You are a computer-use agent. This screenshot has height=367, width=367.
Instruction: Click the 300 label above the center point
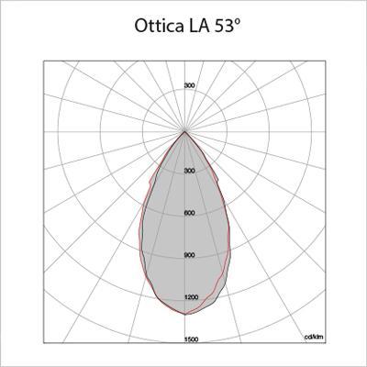point(189,85)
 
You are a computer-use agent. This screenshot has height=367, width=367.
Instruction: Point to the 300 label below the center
point(189,172)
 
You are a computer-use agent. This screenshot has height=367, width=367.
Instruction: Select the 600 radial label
point(189,213)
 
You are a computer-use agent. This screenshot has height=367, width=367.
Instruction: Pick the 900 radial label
point(189,255)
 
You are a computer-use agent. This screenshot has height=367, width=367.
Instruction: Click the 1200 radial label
point(190,297)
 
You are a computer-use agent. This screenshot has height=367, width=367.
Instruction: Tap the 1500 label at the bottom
point(190,339)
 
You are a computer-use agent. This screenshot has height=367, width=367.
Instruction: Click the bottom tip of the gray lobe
point(185,314)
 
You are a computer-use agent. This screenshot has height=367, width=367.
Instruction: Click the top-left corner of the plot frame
point(44,62)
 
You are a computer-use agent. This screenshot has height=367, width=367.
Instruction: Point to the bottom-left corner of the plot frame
point(44,343)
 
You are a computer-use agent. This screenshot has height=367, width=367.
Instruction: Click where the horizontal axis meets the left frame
point(44,131)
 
